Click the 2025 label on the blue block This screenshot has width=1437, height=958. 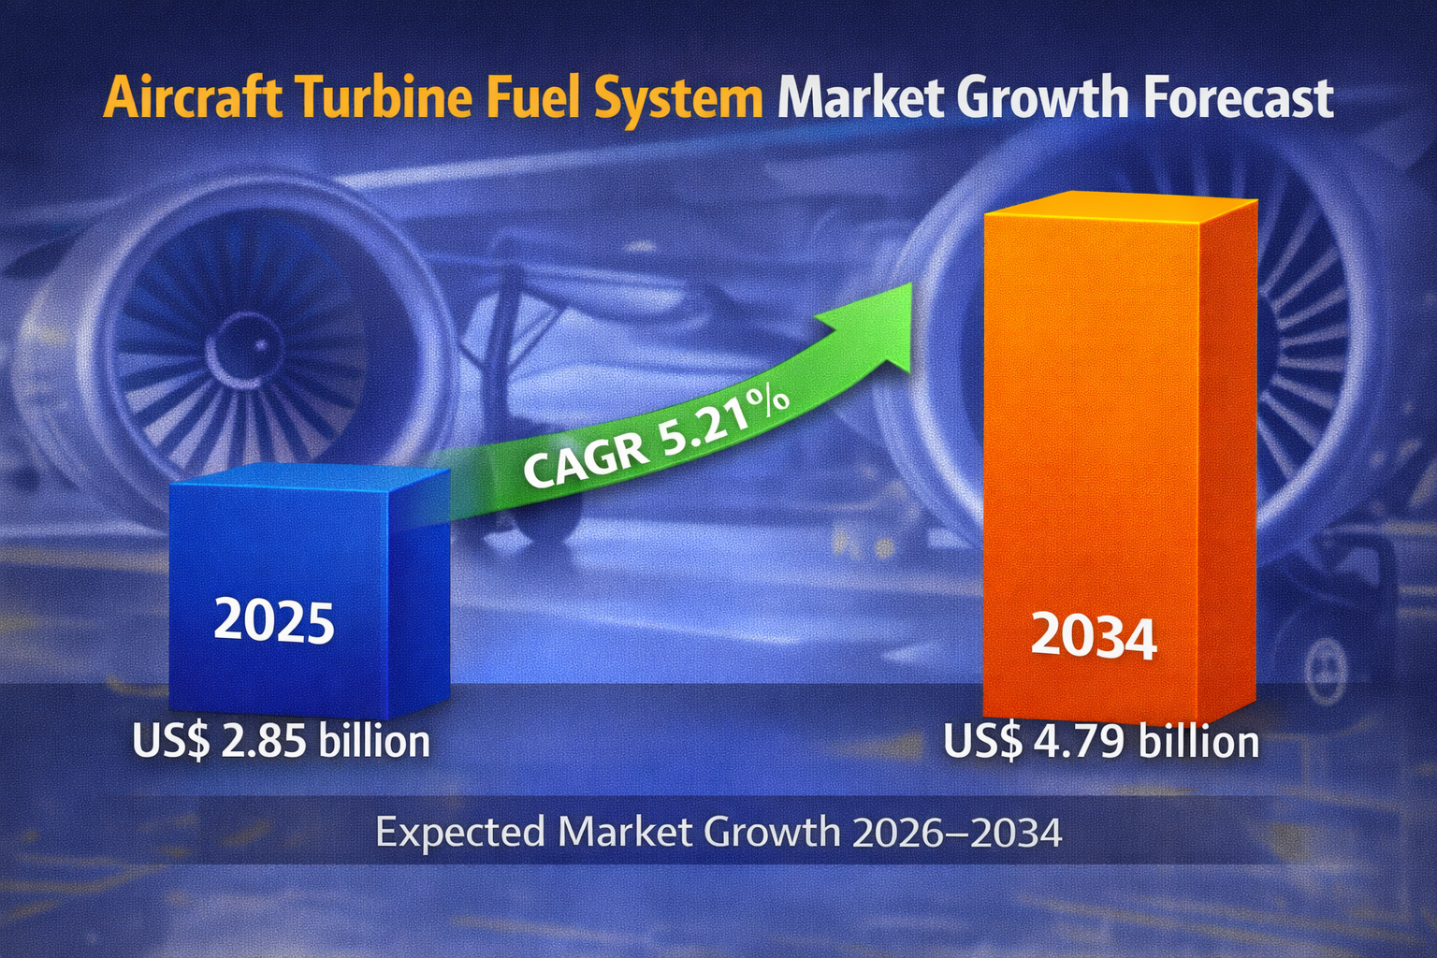(x=274, y=621)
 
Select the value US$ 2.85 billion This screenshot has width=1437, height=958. (x=281, y=741)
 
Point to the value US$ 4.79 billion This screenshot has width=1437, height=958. (x=1101, y=741)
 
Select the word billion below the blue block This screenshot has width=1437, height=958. (x=374, y=741)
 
